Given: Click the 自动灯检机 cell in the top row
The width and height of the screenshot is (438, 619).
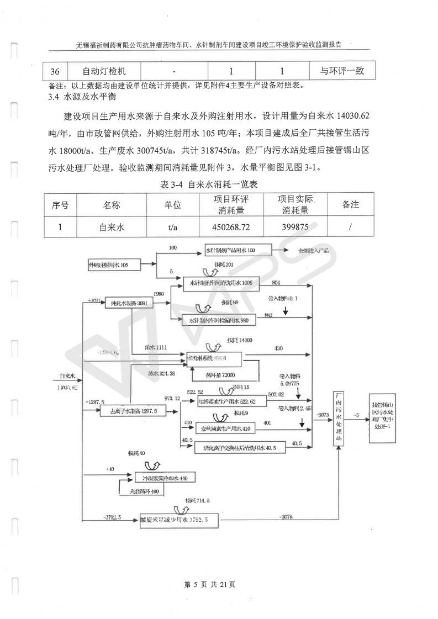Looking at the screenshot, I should point(104,71).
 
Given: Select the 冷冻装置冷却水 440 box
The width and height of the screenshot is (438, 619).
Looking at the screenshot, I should point(165,477).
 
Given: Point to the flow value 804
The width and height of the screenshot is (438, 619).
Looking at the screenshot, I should point(276,282).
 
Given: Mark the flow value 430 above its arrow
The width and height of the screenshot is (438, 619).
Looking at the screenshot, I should point(279,348).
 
